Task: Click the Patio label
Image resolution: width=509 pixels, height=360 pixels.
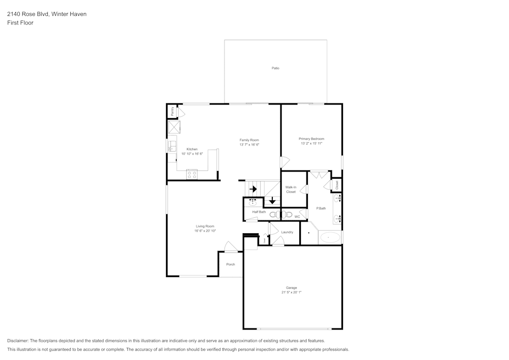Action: click(x=275, y=68)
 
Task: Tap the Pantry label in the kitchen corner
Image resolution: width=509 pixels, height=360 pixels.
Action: click(x=173, y=110)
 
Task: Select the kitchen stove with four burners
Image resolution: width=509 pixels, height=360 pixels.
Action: click(x=192, y=174)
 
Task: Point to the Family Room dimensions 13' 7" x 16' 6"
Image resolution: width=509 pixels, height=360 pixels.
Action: click(x=249, y=145)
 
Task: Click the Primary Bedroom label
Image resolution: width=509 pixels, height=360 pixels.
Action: click(x=311, y=139)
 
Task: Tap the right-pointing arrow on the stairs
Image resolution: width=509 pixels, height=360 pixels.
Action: click(x=253, y=189)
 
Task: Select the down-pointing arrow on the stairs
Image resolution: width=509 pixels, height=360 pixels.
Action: click(x=273, y=200)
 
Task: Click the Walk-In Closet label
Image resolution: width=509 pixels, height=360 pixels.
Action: click(x=291, y=189)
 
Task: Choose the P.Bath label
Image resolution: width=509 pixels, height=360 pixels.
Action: click(x=321, y=208)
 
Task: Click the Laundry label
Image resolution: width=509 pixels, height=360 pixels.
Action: click(x=287, y=232)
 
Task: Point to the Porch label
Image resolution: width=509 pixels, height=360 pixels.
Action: click(x=231, y=264)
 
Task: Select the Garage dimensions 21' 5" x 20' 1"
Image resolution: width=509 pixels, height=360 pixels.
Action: click(x=292, y=292)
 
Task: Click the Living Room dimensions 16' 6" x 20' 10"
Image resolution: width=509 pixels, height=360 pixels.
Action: click(x=205, y=231)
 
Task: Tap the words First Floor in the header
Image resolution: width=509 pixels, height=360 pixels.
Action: click(x=20, y=23)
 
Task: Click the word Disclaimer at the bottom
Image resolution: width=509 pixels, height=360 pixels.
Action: click(x=18, y=341)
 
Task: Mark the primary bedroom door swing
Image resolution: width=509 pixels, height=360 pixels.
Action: click(x=285, y=162)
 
